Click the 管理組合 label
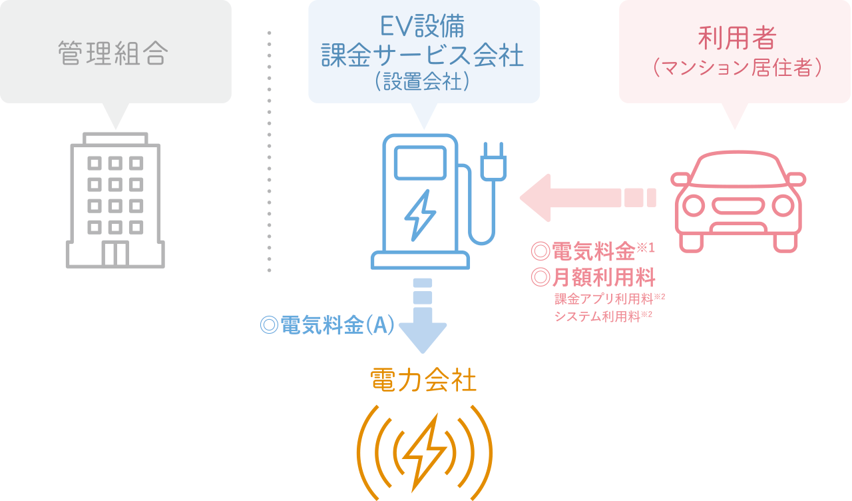pyautogui.click(x=111, y=54)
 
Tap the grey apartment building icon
pyautogui.click(x=115, y=200)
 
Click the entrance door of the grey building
pyautogui.click(x=115, y=254)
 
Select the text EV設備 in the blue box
pyautogui.click(x=423, y=27)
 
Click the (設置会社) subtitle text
pyautogui.click(x=423, y=81)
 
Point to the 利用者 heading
pyautogui.click(x=736, y=38)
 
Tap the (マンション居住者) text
pyautogui.click(x=736, y=68)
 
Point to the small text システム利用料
pyautogui.click(x=597, y=316)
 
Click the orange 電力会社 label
pyautogui.click(x=423, y=382)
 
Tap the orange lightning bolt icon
pyautogui.click(x=424, y=453)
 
